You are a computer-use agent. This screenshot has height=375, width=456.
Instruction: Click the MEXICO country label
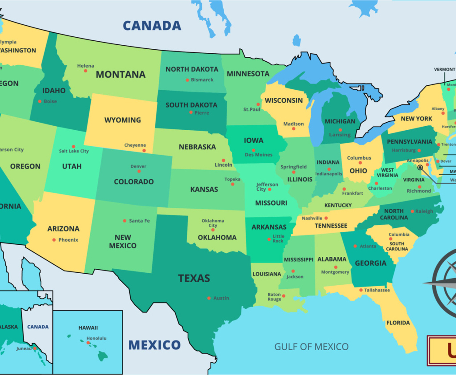155,345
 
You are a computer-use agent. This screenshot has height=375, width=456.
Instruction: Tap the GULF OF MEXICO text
311,347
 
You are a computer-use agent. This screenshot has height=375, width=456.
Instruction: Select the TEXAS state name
194,279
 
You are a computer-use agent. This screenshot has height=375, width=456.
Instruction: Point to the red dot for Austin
209,298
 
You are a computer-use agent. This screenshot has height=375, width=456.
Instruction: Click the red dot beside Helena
85,71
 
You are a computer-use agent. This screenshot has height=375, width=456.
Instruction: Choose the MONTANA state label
121,75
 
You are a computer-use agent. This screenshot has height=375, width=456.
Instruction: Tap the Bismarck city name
202,80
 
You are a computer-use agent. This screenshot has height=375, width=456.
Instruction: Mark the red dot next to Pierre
191,112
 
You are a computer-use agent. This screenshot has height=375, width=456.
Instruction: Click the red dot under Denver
138,171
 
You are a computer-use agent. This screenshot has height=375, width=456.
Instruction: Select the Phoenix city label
68,240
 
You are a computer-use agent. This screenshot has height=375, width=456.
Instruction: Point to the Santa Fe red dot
125,220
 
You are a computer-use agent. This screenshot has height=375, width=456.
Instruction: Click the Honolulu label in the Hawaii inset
97,338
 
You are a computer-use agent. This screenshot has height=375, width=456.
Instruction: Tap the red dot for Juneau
35,349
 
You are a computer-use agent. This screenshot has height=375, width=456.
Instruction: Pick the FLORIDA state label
398,323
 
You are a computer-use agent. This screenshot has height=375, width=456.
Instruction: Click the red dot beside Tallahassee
361,290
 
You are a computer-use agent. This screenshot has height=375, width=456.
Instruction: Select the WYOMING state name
122,120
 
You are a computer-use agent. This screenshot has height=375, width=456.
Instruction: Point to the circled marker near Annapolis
420,168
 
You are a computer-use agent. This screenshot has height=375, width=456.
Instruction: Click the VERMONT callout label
444,70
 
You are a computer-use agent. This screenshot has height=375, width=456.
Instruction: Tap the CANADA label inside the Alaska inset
38,327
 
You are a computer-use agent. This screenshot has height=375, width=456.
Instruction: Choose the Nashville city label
312,218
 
